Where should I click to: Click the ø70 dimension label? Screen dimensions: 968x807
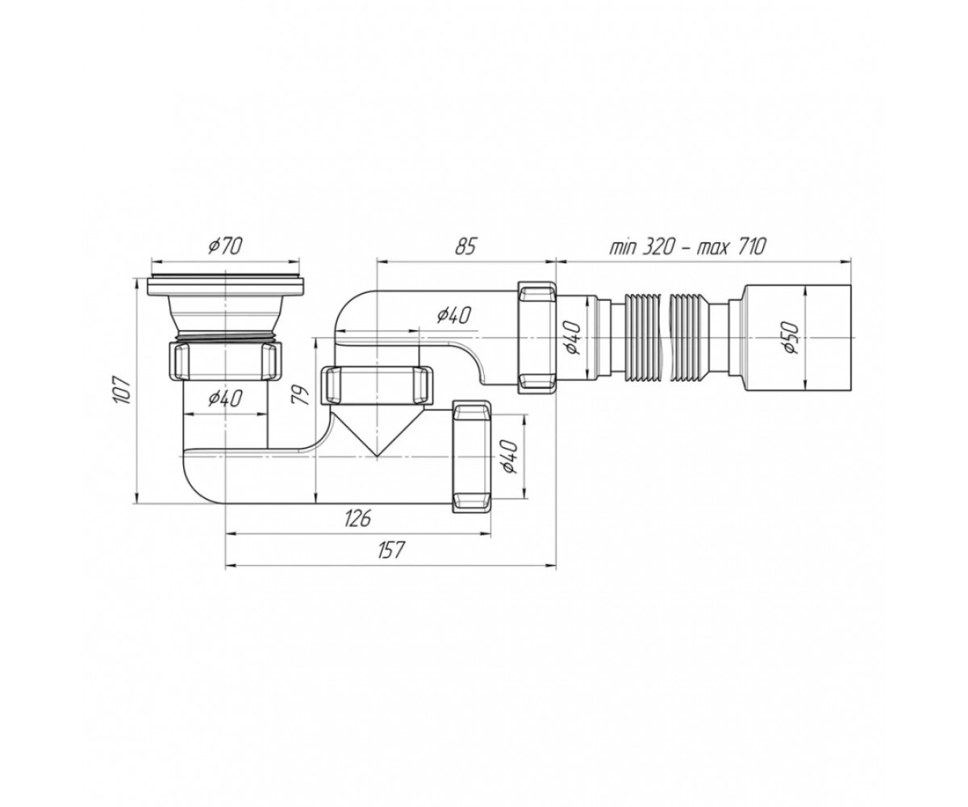225,245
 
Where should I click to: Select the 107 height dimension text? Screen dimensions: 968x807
123,390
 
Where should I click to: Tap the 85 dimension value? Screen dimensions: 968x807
465,246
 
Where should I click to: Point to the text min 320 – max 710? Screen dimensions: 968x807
687,246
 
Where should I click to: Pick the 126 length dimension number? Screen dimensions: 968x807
358,518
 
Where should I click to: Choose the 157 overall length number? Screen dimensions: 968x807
390,550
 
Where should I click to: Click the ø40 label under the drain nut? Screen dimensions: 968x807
225,398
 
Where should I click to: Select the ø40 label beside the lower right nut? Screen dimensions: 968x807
508,457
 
